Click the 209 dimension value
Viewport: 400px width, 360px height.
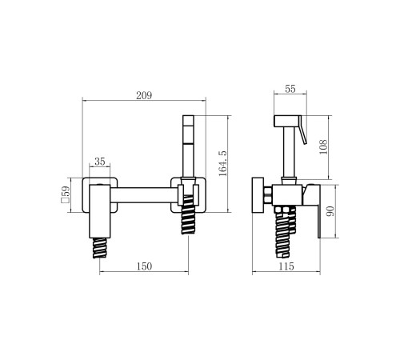click(x=144, y=95)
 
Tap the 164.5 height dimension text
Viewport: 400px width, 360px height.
click(x=222, y=163)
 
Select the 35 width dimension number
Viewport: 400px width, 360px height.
click(x=100, y=162)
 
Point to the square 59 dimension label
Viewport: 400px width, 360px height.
click(x=66, y=194)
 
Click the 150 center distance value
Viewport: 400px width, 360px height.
click(x=144, y=266)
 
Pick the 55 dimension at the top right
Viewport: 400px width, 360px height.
click(x=290, y=89)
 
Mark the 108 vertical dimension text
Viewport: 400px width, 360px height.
click(x=323, y=146)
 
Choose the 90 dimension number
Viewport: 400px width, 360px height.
click(x=330, y=211)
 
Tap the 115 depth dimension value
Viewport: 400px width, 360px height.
click(x=286, y=266)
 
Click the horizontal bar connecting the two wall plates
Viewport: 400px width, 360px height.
click(x=144, y=195)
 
